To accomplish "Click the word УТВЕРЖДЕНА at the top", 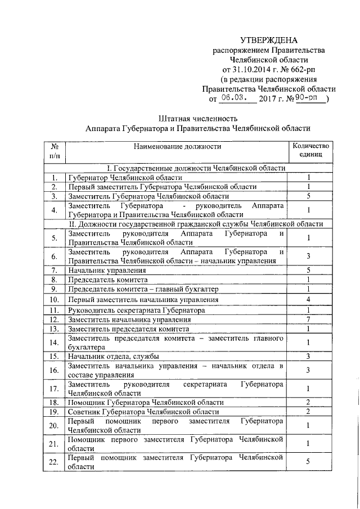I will click(x=268, y=40).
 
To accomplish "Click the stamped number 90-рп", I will click(x=308, y=98).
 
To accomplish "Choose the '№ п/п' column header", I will click(x=55, y=150).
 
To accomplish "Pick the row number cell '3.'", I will click(x=55, y=196).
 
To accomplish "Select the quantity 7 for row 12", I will click(x=309, y=319).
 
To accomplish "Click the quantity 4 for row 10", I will click(x=309, y=299).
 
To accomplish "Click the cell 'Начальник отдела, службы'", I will click(x=113, y=356).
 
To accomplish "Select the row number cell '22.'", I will click(x=55, y=461).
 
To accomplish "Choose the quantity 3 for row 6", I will click(x=309, y=256).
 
